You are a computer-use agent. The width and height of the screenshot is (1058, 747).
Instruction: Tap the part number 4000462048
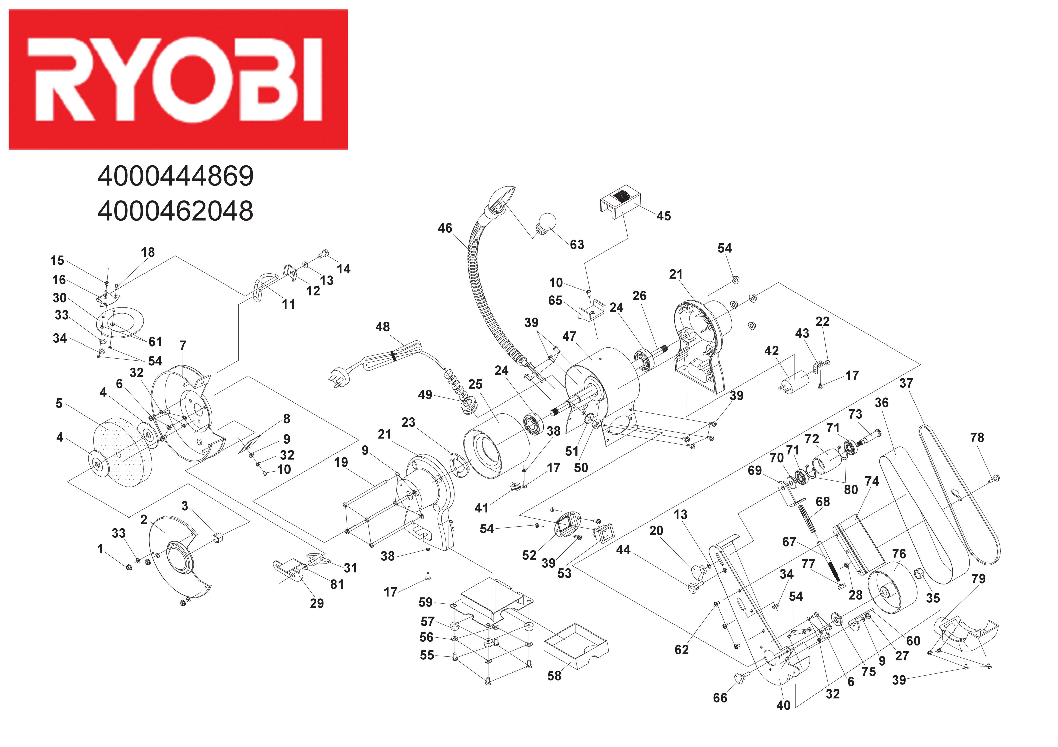(x=176, y=211)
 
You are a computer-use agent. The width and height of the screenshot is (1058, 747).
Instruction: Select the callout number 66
(x=720, y=698)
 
